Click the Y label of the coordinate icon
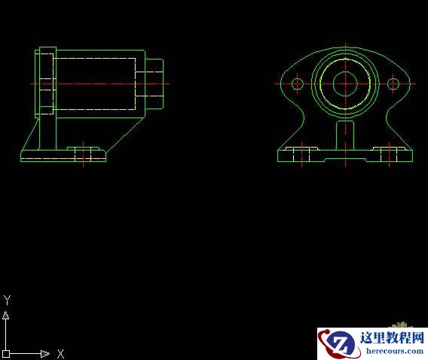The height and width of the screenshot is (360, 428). click(x=7, y=300)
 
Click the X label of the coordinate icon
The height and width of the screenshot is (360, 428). click(x=61, y=353)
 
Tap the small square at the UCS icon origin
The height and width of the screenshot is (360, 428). click(x=6, y=353)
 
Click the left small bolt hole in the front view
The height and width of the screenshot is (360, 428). click(x=297, y=84)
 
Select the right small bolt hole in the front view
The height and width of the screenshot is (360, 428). click(x=393, y=84)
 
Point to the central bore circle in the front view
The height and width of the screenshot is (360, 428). click(x=345, y=83)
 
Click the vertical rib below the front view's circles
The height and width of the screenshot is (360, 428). click(x=345, y=136)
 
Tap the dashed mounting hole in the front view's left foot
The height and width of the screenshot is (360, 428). click(x=301, y=155)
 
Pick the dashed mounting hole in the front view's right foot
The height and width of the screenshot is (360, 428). click(x=389, y=155)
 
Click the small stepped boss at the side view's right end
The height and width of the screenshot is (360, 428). click(x=155, y=83)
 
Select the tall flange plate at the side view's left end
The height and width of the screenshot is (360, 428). click(x=46, y=82)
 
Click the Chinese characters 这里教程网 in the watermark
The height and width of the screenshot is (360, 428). click(x=393, y=337)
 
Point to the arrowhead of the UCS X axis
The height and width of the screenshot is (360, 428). click(x=45, y=353)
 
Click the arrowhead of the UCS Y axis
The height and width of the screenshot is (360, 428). click(x=6, y=316)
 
